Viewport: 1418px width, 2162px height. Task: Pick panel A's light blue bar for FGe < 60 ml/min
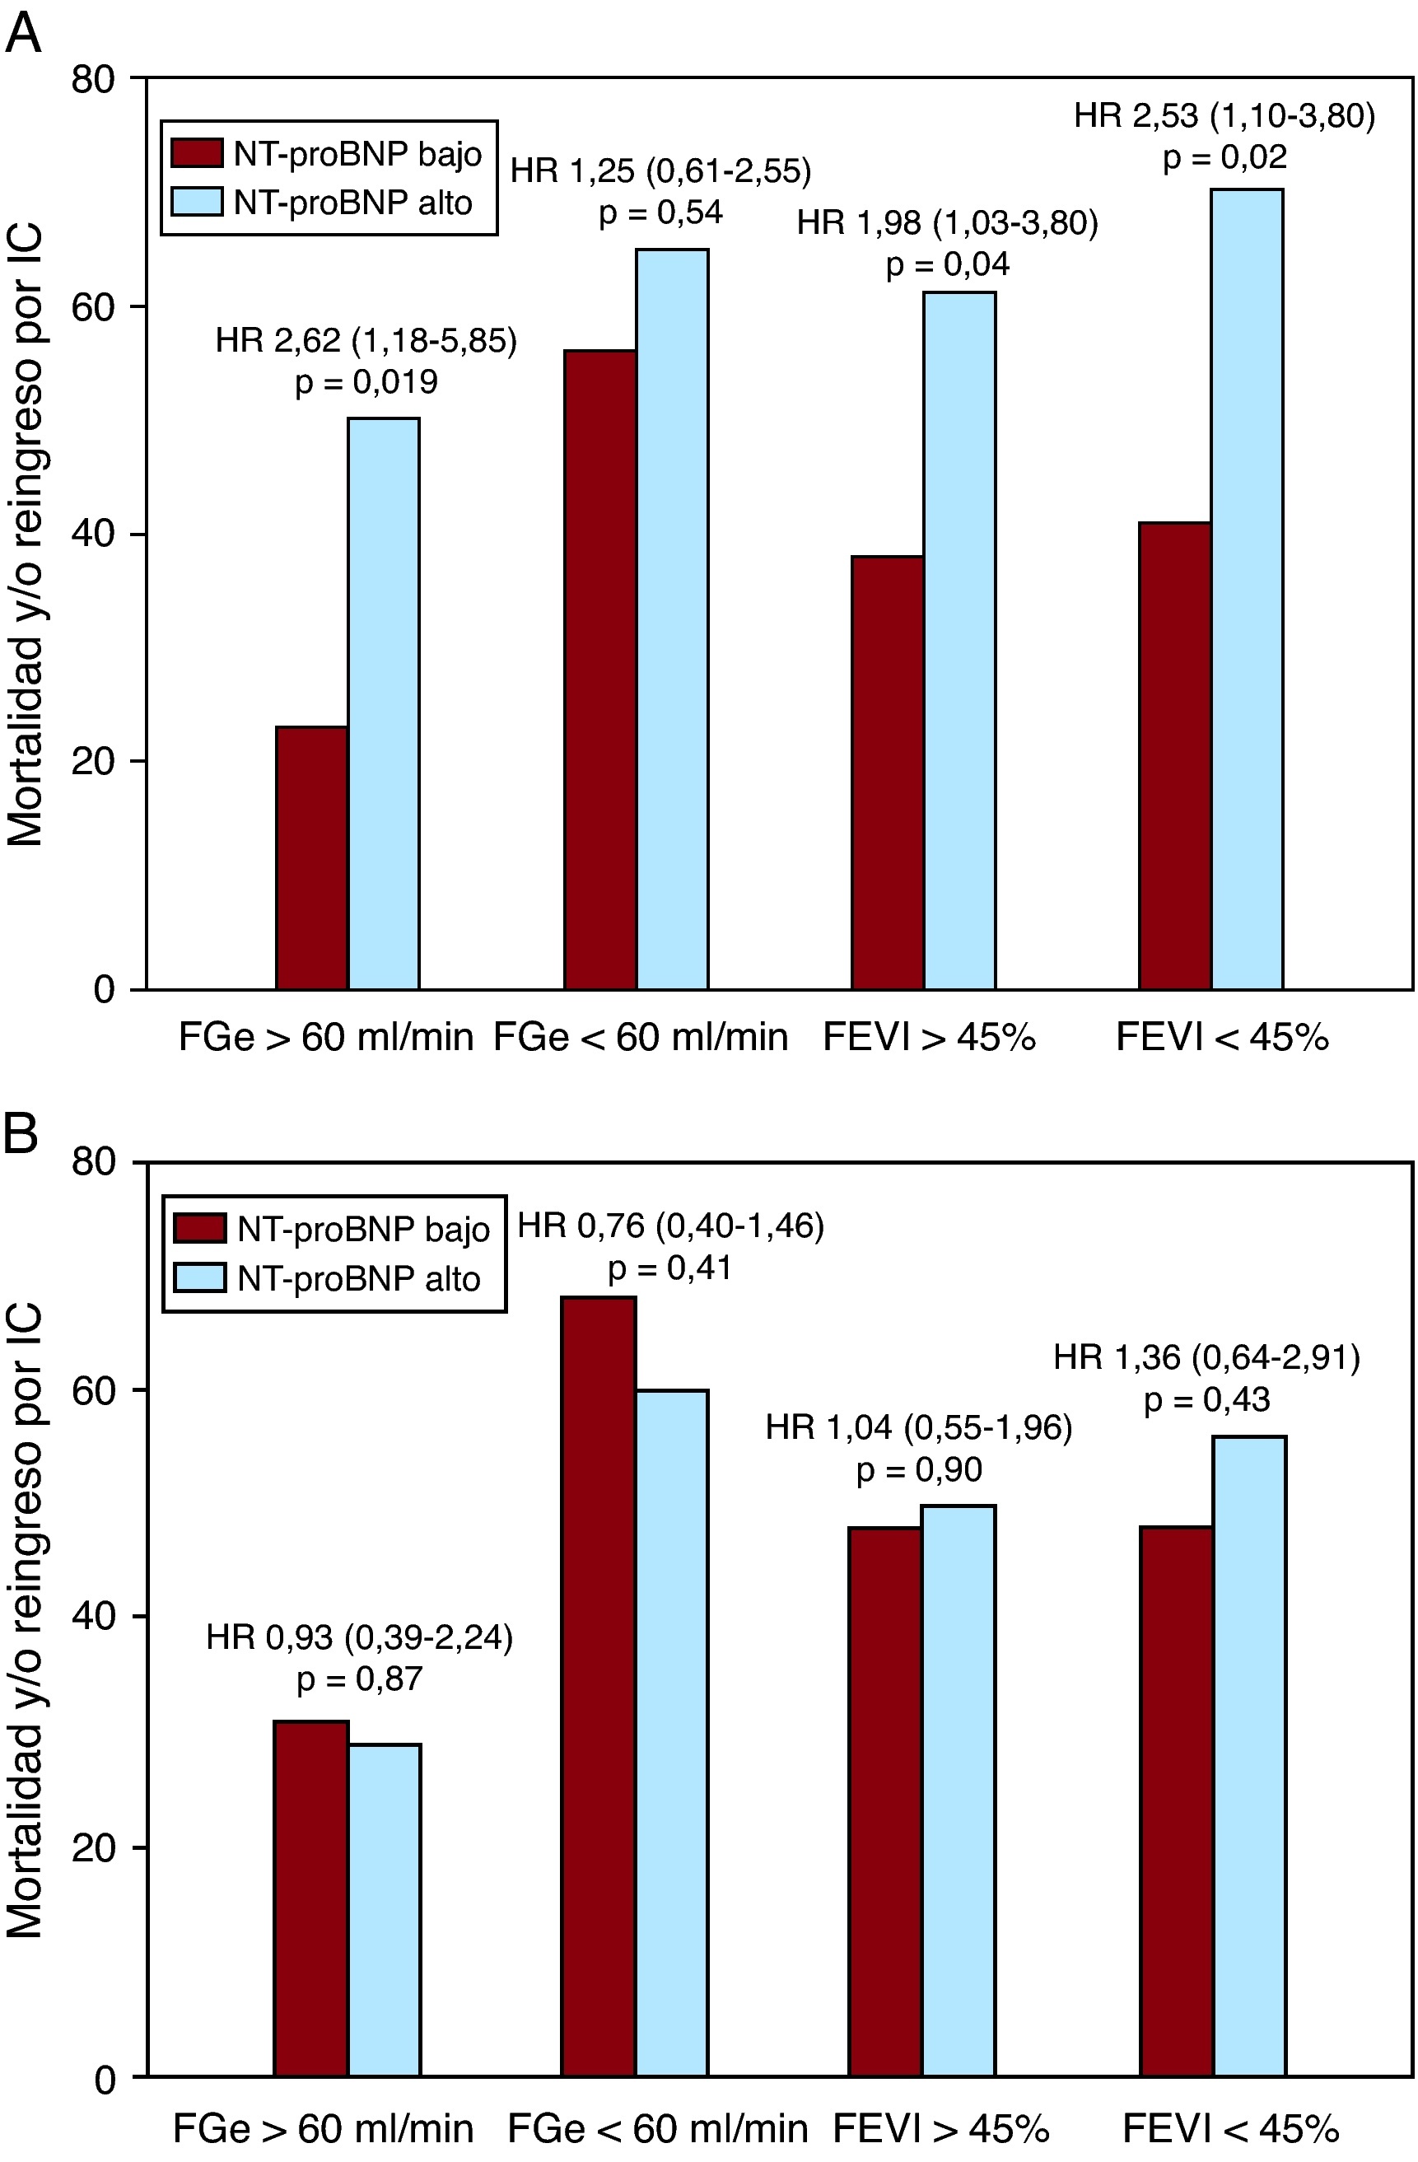pos(671,619)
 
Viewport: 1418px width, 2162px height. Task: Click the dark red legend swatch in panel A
pos(196,153)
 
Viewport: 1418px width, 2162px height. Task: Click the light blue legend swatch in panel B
pos(200,1278)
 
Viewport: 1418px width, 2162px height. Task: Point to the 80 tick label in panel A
pos(94,80)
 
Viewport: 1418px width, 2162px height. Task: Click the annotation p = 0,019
pos(366,382)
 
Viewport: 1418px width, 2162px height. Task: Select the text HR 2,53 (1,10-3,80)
pos(1224,116)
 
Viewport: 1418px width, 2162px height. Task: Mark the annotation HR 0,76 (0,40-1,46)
pos(670,1226)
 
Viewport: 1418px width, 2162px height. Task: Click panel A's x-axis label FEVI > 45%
pos(928,1036)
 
